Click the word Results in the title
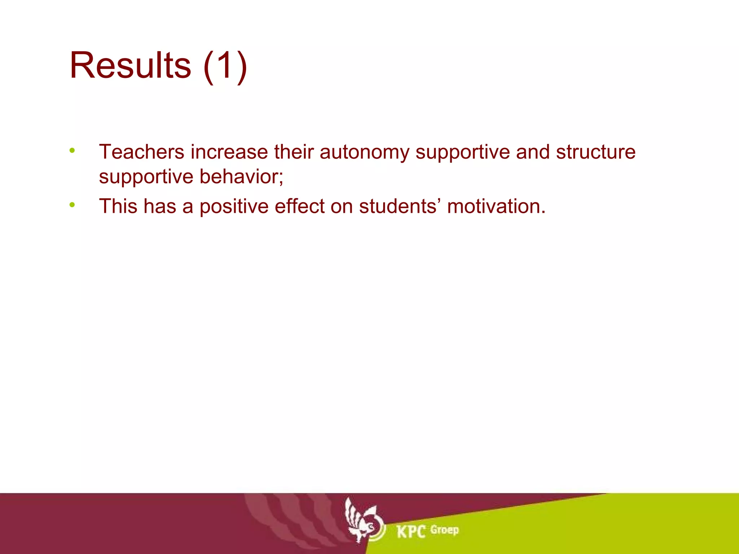click(x=130, y=66)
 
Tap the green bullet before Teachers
click(x=72, y=150)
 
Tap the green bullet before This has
click(x=72, y=205)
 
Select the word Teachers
click(x=141, y=152)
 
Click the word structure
click(x=595, y=152)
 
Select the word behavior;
click(x=241, y=177)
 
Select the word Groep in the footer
click(x=445, y=530)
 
